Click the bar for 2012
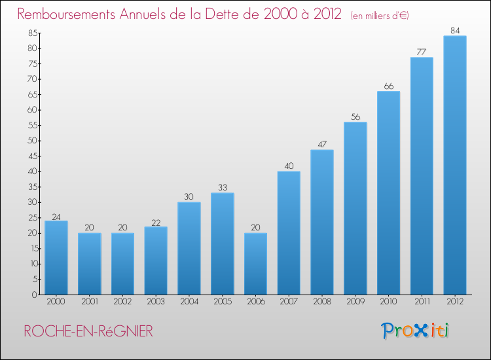[x=454, y=165]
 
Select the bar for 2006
[x=255, y=264]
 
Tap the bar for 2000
[x=56, y=257]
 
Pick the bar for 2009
[x=355, y=208]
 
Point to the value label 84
[x=454, y=30]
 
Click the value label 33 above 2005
[x=222, y=187]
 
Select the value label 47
[x=321, y=144]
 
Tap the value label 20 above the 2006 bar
[x=255, y=227]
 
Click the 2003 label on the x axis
[x=156, y=302]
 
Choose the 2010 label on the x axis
[x=388, y=302]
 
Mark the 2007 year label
[x=289, y=302]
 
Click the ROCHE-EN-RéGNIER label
[x=88, y=331]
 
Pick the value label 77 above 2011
[x=421, y=52]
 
